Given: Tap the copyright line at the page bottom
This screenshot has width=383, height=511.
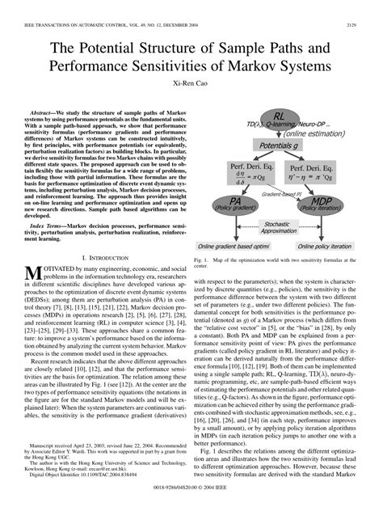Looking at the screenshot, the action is (x=191, y=490).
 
